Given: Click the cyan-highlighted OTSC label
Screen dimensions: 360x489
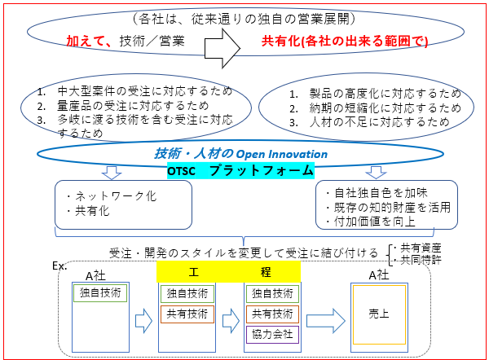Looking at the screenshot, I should pyautogui.click(x=182, y=170).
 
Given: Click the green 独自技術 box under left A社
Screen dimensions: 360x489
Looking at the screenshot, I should pyautogui.click(x=101, y=292).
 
